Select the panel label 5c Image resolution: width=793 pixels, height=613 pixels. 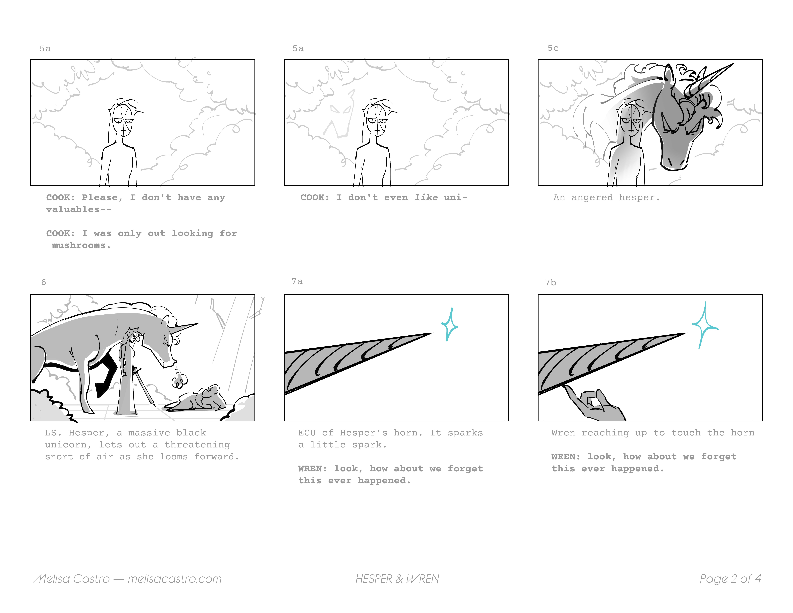[x=553, y=48]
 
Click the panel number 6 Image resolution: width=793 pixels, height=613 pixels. [x=44, y=282]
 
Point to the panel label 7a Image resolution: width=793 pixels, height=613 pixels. [x=297, y=281]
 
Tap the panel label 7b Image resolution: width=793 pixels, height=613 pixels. [x=550, y=283]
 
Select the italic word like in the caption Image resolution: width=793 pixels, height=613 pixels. [x=426, y=198]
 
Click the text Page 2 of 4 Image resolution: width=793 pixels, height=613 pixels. [x=730, y=579]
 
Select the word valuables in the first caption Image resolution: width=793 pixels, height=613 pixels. [x=73, y=210]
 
